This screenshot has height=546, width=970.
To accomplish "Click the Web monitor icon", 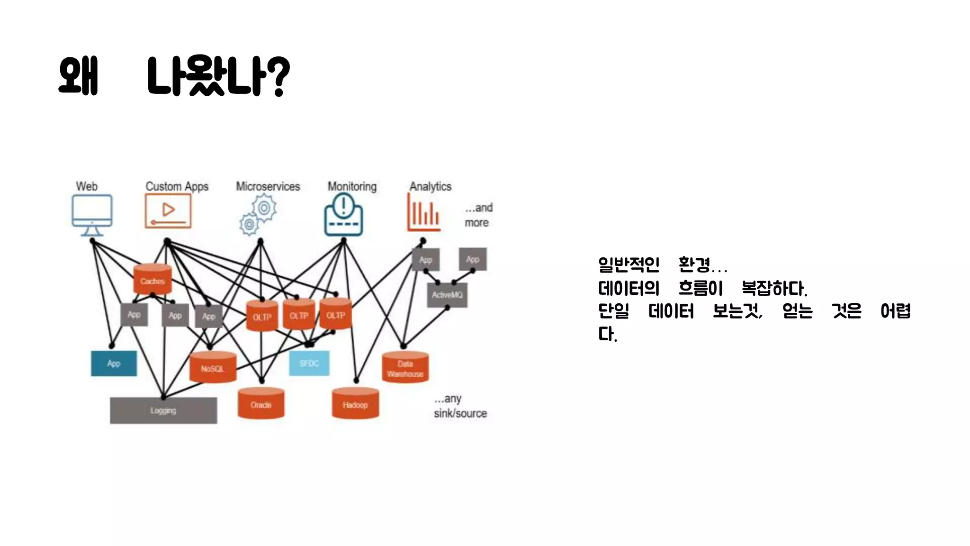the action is (92, 214).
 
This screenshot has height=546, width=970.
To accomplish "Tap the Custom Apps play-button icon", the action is (168, 211).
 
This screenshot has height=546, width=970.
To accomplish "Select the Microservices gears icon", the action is (258, 216).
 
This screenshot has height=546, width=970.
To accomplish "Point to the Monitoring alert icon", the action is (344, 216).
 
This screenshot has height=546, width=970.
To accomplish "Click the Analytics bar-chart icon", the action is (424, 212).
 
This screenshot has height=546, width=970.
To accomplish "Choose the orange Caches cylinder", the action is (153, 280).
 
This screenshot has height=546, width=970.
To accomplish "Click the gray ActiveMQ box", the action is (447, 295).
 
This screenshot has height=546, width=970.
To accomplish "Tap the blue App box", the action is (114, 364).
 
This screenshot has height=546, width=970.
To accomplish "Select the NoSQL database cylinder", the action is (213, 367).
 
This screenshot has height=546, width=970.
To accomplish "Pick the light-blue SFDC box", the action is (309, 364).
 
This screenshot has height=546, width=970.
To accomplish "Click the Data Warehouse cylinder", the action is (405, 367).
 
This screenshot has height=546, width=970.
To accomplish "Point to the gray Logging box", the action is (163, 410).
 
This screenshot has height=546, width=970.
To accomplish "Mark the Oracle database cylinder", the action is (261, 403).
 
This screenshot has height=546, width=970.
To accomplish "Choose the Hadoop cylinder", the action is (355, 403).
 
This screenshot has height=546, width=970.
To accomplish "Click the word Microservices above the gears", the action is (268, 186).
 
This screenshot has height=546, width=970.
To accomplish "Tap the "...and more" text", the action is (478, 215).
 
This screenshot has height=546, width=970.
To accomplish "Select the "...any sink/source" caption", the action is (460, 406).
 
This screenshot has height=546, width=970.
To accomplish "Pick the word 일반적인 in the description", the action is (629, 264).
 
